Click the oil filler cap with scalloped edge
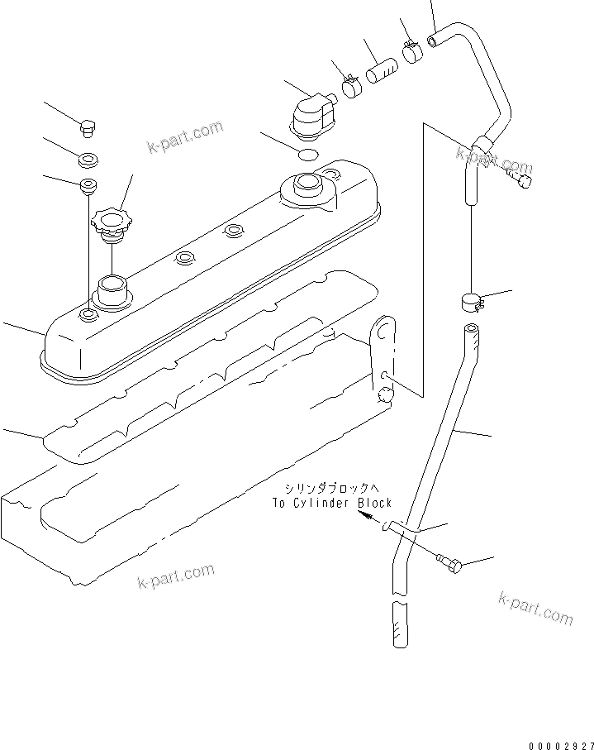(x=112, y=222)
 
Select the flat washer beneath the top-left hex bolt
(x=87, y=157)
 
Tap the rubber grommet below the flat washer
(x=86, y=184)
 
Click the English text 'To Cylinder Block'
(x=332, y=503)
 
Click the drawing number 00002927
(x=558, y=743)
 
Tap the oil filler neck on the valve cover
(x=112, y=290)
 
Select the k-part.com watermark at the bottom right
(x=535, y=609)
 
